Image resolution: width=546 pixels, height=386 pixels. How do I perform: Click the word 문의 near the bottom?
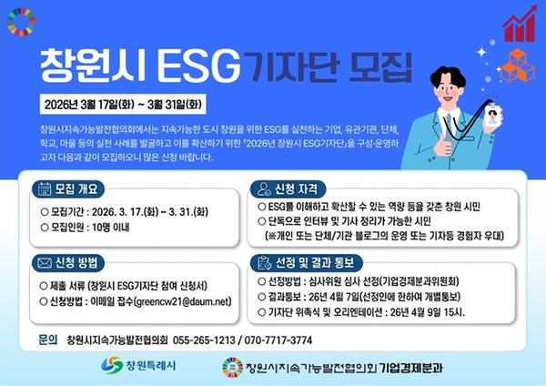[48, 340]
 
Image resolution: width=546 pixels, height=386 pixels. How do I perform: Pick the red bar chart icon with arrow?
[521, 23]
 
